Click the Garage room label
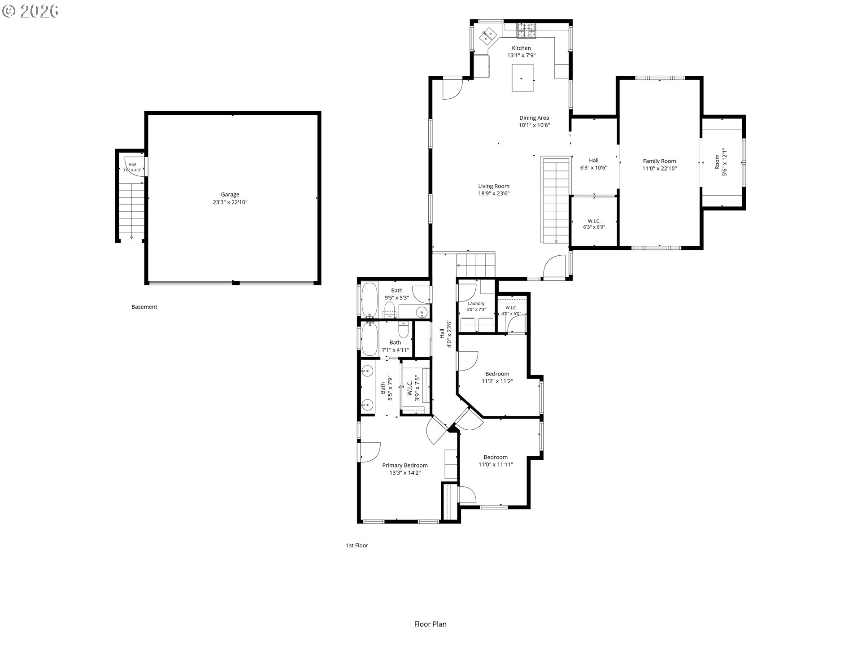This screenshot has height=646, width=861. coord(230,195)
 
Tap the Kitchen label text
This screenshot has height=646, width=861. coord(522,48)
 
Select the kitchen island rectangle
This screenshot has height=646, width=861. coord(523,78)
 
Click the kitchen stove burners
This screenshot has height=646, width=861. coord(527,30)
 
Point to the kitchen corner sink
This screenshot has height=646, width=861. coord(489,35)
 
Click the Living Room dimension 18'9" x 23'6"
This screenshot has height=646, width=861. coord(494,194)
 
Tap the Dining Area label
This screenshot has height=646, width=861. coord(534,118)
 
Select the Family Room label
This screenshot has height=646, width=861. coord(659,161)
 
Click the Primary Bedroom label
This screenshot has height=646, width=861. coord(405,465)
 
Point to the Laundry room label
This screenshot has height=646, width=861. coord(476,304)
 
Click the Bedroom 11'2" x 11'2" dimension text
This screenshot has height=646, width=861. coord(497,381)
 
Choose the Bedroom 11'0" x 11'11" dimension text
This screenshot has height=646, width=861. coord(496,465)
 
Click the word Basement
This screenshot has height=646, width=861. coord(144,307)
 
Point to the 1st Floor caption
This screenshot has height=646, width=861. coord(357,546)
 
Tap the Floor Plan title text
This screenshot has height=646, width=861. coord(430,624)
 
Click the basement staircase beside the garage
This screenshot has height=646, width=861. coord(131,212)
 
